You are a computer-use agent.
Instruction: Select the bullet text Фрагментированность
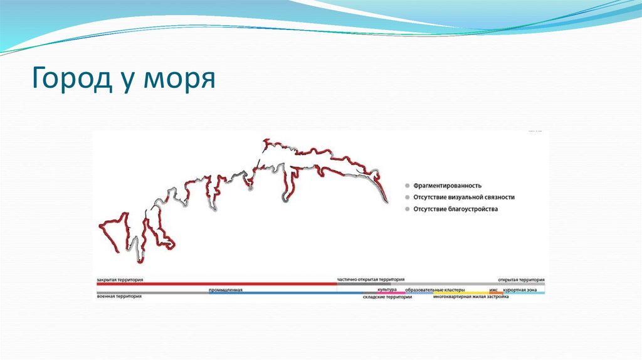(x=447, y=186)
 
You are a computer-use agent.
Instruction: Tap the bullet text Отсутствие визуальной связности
(x=464, y=197)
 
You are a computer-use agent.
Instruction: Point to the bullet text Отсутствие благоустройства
(x=455, y=209)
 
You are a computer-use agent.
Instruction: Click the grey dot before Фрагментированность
(x=407, y=186)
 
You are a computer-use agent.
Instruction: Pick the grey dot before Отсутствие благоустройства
(x=407, y=209)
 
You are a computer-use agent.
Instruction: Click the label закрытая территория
(x=120, y=279)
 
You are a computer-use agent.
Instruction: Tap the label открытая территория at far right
(x=521, y=279)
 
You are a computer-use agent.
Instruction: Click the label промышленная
(x=226, y=290)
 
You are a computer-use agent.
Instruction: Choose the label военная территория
(x=119, y=296)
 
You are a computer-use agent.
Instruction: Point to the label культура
(x=387, y=289)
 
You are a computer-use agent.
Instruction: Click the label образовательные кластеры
(x=434, y=290)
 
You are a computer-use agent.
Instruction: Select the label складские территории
(x=387, y=297)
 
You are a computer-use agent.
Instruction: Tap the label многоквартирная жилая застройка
(x=470, y=297)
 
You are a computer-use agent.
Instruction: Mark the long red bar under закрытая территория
(x=216, y=283)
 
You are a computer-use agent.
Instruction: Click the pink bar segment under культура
(x=387, y=293)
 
